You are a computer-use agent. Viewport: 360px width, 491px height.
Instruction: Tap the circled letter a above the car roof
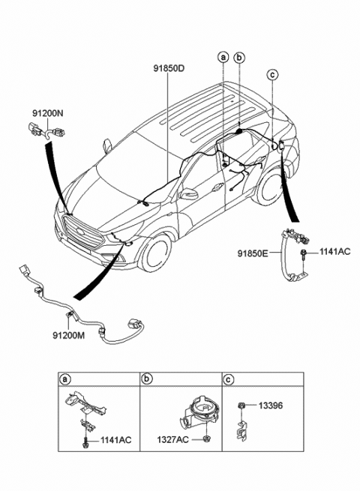223,57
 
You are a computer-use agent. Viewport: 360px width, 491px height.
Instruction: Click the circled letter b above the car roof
239,57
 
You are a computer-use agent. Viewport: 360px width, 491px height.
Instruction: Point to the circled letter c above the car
272,73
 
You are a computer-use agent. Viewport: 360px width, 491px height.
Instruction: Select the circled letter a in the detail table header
66,379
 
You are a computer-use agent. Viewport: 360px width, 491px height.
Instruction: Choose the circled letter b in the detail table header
148,379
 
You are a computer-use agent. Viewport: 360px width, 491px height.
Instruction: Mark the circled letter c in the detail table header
229,379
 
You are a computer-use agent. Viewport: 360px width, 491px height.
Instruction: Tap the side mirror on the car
189,194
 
